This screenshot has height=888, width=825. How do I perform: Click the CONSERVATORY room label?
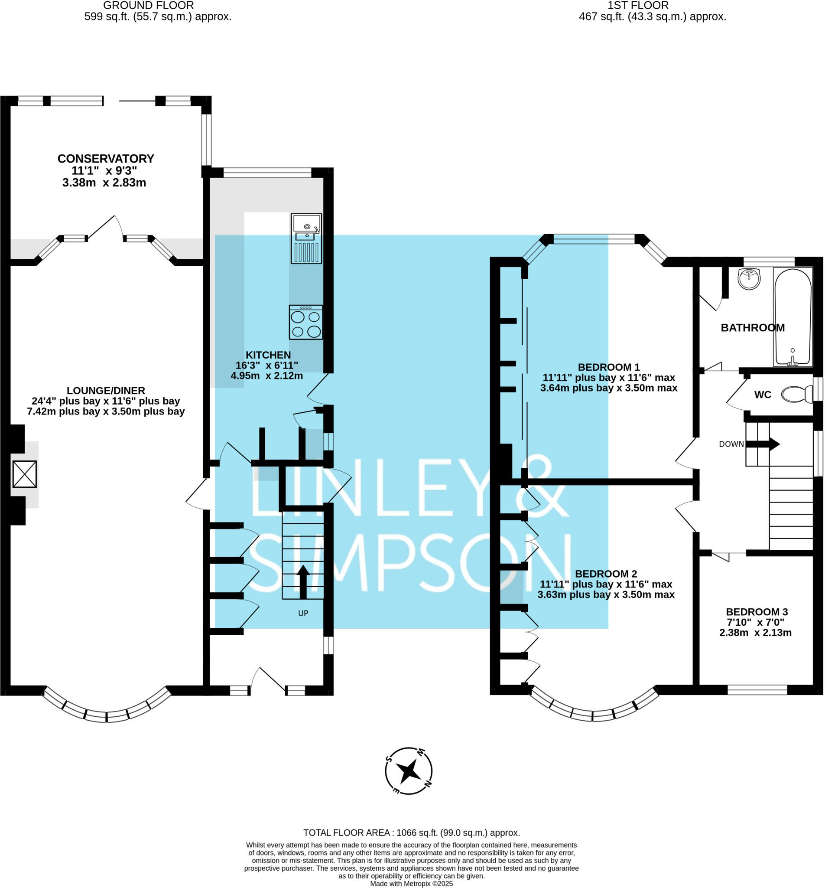click(106, 159)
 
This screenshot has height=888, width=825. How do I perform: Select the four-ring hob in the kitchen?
click(306, 323)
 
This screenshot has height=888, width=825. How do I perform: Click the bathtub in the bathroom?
click(793, 317)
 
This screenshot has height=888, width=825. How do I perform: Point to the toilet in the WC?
click(797, 395)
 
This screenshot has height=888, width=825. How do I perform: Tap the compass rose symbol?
click(409, 771)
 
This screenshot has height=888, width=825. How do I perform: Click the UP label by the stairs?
click(303, 613)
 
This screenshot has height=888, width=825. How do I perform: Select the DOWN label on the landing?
click(731, 444)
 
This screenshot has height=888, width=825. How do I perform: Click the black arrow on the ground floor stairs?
click(303, 582)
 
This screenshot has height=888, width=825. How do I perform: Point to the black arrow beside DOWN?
click(763, 444)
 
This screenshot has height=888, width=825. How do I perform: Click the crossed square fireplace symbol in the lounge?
click(25, 474)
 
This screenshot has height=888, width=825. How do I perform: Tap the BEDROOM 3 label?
click(757, 612)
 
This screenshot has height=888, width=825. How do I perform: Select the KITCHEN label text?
click(268, 355)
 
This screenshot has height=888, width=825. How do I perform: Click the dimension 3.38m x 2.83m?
click(104, 183)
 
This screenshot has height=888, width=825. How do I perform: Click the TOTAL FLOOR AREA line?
click(412, 832)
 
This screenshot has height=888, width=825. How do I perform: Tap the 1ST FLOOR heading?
click(638, 5)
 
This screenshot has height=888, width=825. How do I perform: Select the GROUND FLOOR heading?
click(149, 5)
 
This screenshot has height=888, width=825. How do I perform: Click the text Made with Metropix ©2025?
click(412, 884)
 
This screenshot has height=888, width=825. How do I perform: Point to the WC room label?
click(763, 395)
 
